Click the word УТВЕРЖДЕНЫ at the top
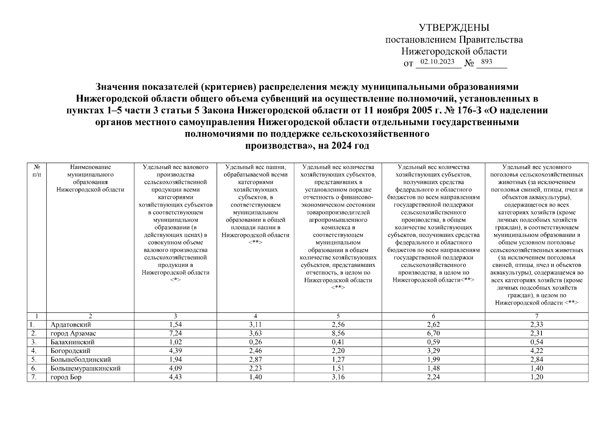tap(454, 27)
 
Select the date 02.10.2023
tap(437, 61)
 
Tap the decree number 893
tap(487, 61)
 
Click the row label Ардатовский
tap(71, 324)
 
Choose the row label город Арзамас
tap(73, 333)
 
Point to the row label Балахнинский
tap(73, 342)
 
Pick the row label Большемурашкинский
tap(86, 368)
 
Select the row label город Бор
tap(66, 377)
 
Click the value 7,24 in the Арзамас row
tap(175, 333)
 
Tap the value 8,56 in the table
tap(338, 333)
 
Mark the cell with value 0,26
tap(255, 342)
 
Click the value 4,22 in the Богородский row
tap(536, 350)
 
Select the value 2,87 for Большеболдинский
tap(255, 359)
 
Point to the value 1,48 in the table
tap(433, 368)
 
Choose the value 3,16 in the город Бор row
tap(338, 377)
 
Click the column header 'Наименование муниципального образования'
tap(90, 178)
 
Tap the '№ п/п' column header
tap(36, 171)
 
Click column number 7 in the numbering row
tap(536, 316)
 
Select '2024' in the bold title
tap(340, 146)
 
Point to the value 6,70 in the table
tap(433, 333)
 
